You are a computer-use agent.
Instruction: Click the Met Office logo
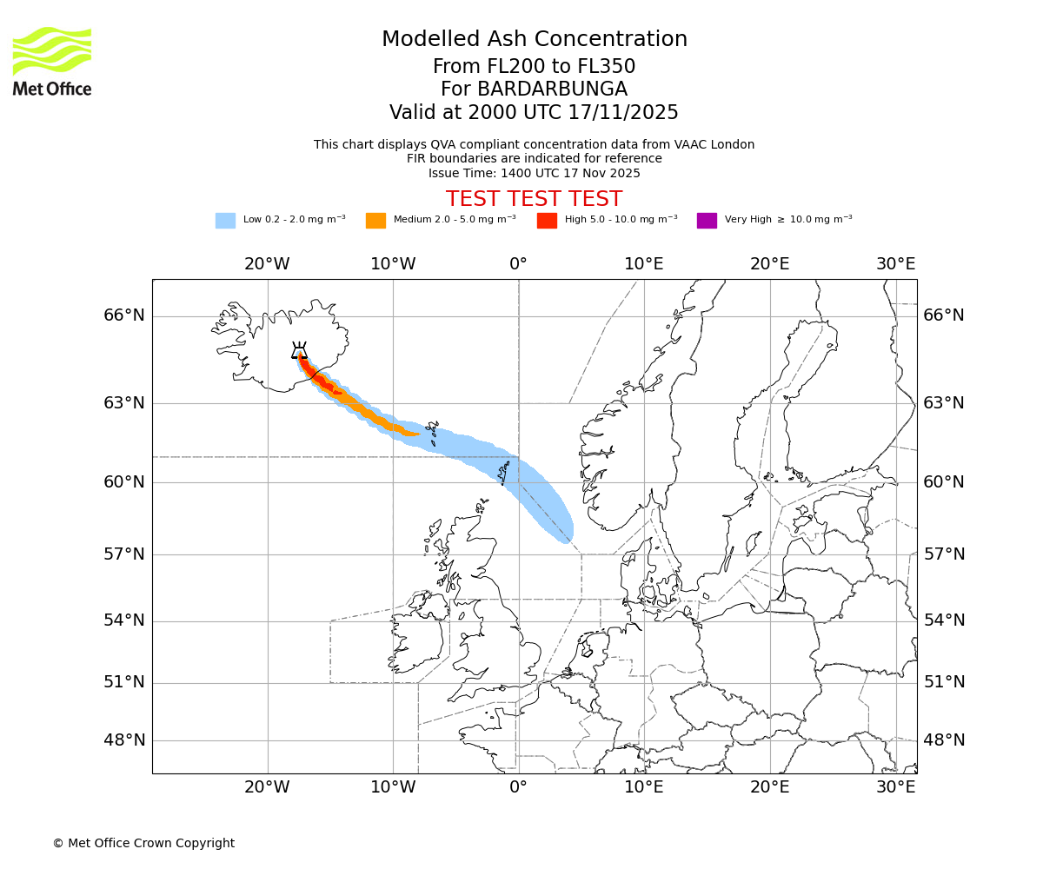pos(52,61)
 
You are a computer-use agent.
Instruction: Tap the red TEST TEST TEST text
pos(534,199)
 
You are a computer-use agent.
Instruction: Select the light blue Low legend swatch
pos(225,221)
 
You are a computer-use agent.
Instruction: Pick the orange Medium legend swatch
pos(375,221)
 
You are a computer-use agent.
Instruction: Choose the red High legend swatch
pos(547,221)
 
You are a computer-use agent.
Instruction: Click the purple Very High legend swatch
pos(707,221)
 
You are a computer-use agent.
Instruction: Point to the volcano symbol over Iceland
pos(299,350)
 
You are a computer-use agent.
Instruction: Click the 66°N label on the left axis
pos(124,315)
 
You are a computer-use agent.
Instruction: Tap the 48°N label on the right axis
pos(944,740)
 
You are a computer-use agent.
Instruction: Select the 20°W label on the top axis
pos(267,264)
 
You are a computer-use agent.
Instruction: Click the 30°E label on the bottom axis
pos(896,787)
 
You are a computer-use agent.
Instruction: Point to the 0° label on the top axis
pos(518,264)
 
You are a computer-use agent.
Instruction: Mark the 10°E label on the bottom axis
pos(644,787)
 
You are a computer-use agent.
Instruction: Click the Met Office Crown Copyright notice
pos(143,843)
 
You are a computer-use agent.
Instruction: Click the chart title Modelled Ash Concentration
pos(534,39)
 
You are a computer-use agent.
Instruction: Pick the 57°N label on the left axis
pos(124,554)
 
